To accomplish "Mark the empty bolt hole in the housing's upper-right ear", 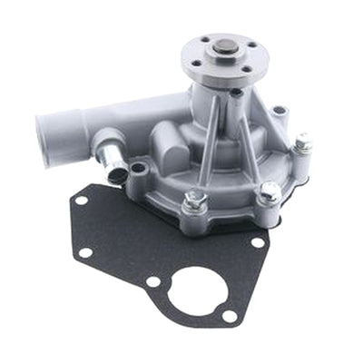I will click(280, 113).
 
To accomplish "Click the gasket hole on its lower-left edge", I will click(85, 251).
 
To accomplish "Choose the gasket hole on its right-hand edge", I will click(260, 242).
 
